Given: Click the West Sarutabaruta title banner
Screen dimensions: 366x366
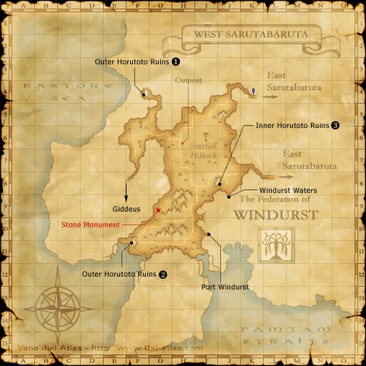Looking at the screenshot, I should (x=251, y=34).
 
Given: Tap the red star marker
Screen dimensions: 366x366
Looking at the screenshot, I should (x=159, y=210).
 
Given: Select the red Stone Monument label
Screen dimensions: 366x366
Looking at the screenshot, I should (x=90, y=225).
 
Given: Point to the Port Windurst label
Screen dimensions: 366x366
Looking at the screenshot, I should (x=224, y=287).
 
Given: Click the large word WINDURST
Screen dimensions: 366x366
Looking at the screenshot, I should (x=275, y=216).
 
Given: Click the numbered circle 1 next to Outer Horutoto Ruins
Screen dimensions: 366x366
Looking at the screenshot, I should (x=175, y=63).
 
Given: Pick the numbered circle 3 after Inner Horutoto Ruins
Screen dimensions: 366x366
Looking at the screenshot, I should (x=335, y=126).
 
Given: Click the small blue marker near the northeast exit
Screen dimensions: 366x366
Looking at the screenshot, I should (x=253, y=91).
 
